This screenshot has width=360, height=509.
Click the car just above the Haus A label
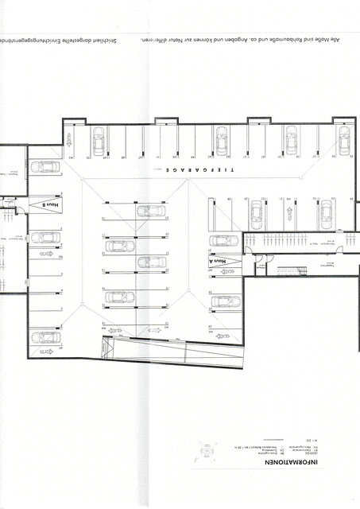tap(224, 241)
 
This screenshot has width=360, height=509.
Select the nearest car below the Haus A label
tap(225, 301)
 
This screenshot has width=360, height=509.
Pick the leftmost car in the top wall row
tap(99, 142)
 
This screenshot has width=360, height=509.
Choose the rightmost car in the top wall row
tap(343, 142)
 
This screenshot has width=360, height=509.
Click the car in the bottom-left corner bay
tap(45, 337)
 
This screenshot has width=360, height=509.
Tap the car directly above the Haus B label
tap(45, 167)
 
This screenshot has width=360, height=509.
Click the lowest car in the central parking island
tap(119, 297)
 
